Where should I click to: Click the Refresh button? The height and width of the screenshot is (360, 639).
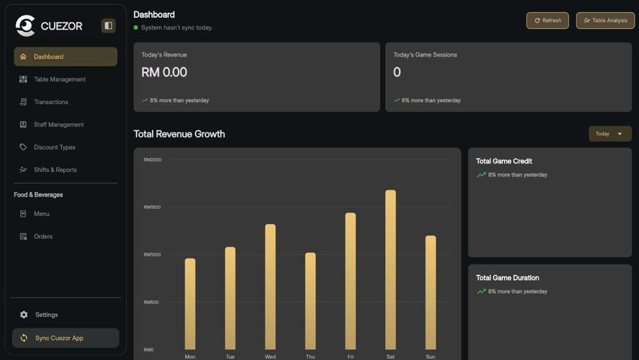(x=547, y=20)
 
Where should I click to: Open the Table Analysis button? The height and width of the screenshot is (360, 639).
(x=605, y=20)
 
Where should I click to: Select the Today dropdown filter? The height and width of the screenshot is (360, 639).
(x=609, y=134)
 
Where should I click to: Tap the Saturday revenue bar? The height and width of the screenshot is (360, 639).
(x=390, y=269)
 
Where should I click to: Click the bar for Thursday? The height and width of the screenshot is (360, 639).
(x=310, y=301)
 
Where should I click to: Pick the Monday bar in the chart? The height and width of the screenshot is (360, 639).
(x=190, y=303)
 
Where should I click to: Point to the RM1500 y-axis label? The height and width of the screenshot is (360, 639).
(x=152, y=207)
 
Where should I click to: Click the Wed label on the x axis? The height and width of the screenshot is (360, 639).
(x=270, y=356)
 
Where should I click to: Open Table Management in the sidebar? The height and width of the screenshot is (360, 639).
(x=59, y=79)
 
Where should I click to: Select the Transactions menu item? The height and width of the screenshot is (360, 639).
(x=51, y=102)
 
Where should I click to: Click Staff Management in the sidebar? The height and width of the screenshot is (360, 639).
(x=59, y=124)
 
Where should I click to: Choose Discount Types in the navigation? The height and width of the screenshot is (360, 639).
(x=54, y=147)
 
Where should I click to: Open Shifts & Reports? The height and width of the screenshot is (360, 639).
(x=55, y=170)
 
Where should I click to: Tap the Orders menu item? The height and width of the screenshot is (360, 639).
(x=43, y=236)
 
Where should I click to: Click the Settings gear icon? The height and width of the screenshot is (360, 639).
(x=24, y=315)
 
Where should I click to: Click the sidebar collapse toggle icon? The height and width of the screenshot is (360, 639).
(x=108, y=25)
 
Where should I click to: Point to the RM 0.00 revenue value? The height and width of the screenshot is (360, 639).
(x=164, y=72)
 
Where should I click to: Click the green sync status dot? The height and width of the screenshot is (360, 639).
(x=136, y=28)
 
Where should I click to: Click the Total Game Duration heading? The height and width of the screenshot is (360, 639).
(x=507, y=278)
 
